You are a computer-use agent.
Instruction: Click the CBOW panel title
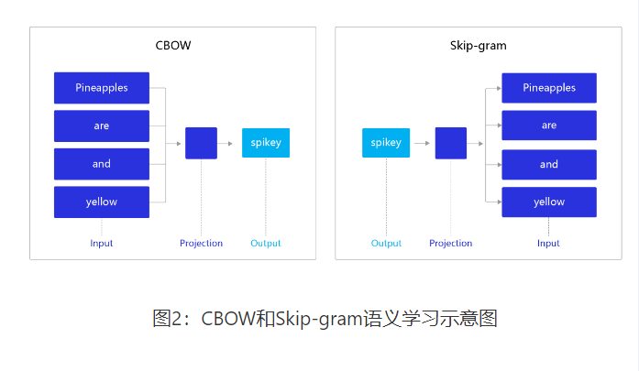click(172, 45)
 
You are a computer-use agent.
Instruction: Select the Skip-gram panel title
click(478, 45)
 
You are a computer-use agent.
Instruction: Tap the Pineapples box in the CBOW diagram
click(102, 88)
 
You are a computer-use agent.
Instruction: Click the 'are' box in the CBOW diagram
click(102, 125)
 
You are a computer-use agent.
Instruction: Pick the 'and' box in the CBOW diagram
click(102, 164)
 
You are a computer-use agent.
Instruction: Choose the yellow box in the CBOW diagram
click(102, 202)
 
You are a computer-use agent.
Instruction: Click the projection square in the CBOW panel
click(201, 143)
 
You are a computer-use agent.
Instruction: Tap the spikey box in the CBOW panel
click(266, 143)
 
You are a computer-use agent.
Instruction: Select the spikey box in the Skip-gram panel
click(386, 143)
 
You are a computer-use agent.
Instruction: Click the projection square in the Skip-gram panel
click(450, 143)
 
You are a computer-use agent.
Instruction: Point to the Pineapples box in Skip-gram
click(549, 88)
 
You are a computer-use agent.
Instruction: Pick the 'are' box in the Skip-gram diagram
click(549, 125)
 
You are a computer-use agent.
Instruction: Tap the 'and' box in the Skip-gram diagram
click(549, 164)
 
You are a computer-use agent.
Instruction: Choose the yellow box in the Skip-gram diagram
click(549, 202)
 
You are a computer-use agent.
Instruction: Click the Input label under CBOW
click(102, 244)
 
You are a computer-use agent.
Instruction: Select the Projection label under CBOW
click(201, 244)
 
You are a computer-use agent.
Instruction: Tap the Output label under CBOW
click(266, 244)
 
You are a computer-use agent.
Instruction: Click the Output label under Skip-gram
click(386, 244)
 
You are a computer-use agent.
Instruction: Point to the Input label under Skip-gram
click(549, 244)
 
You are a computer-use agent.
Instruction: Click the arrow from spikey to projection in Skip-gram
click(422, 143)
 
